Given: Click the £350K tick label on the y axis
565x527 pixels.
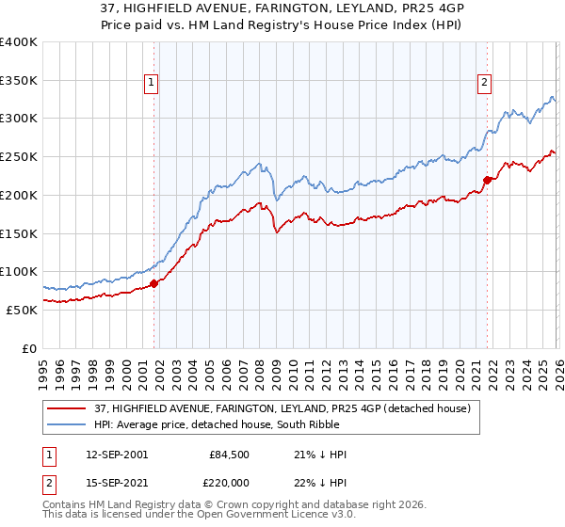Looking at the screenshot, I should pos(19,81).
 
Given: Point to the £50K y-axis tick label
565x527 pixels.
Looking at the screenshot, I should pos(22,310).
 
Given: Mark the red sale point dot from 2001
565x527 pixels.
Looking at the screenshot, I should pos(154,283).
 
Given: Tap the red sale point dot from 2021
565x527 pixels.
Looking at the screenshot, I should pos(487,180).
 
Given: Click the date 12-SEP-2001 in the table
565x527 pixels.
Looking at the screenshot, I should pos(115,455).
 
